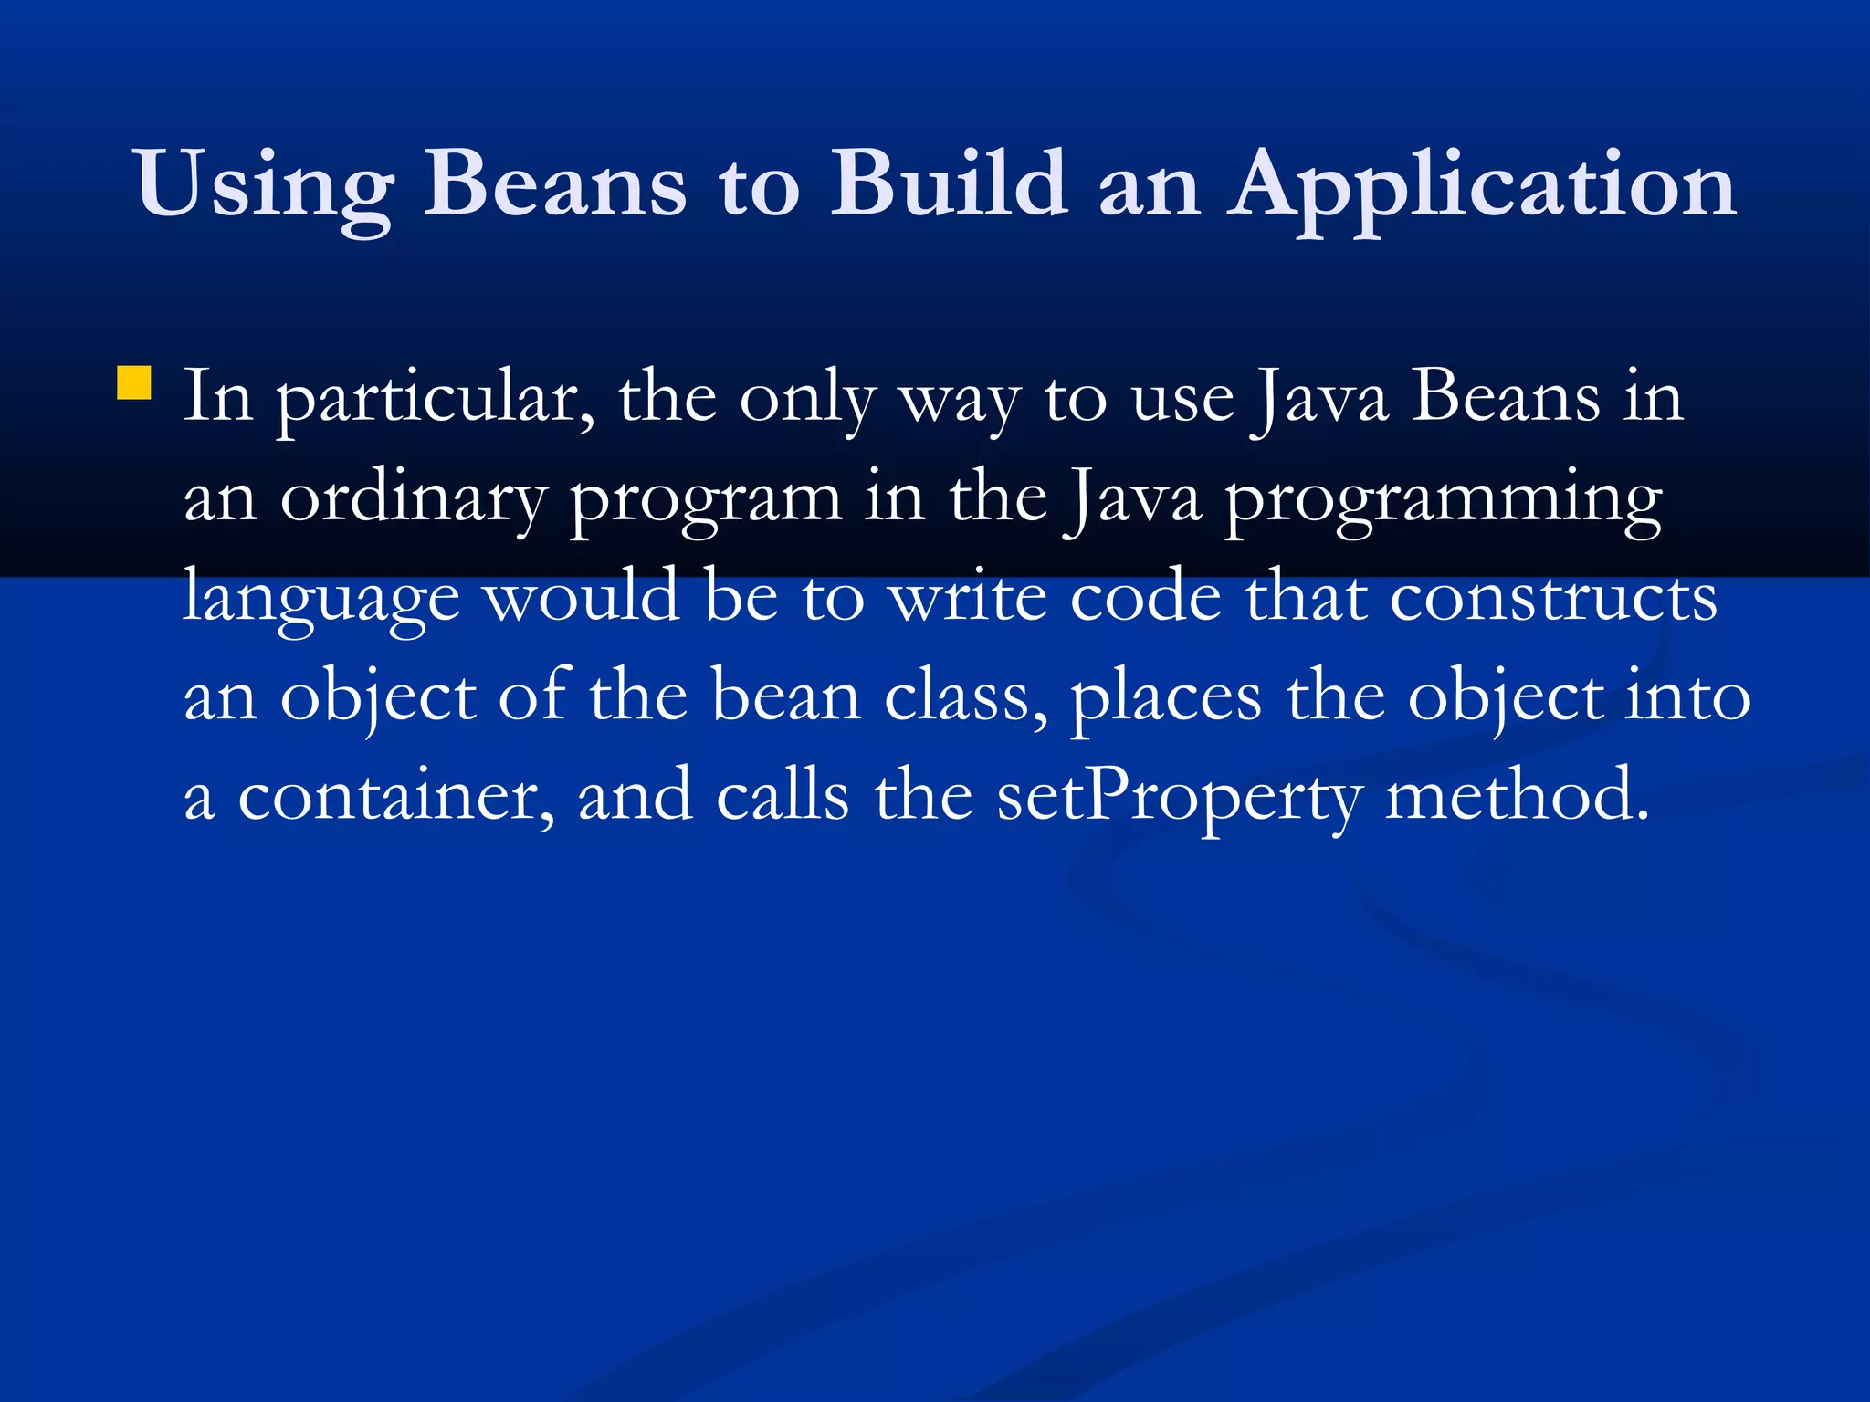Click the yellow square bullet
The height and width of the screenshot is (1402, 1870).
(134, 383)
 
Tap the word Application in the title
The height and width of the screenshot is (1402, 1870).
(1481, 186)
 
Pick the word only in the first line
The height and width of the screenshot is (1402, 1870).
(807, 400)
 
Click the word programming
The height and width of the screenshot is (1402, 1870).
(1443, 500)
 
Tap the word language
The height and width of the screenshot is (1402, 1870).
(321, 599)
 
